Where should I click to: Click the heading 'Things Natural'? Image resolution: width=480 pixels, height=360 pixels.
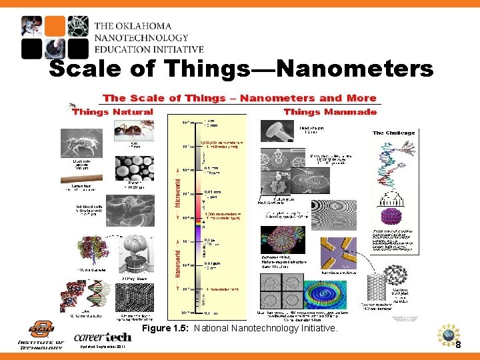click(112, 112)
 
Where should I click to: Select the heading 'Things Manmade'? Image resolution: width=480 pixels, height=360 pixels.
click(330, 112)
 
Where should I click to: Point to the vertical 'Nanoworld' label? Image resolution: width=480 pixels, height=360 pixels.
click(177, 259)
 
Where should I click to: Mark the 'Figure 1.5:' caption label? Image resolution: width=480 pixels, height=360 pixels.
click(166, 328)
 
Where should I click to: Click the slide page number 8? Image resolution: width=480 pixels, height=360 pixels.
click(458, 345)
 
